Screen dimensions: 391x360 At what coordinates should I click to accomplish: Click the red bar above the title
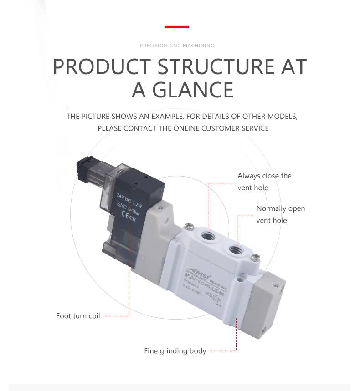click(176, 27)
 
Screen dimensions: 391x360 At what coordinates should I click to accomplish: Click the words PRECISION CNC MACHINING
click(177, 46)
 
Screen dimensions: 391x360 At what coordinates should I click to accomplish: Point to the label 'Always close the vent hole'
click(264, 182)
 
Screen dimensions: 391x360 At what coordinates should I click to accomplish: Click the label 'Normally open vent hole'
click(280, 214)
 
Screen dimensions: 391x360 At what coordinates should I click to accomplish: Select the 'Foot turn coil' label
click(78, 316)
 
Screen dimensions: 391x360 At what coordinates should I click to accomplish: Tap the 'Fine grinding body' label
click(175, 351)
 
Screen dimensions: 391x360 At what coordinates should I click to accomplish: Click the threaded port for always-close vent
click(207, 237)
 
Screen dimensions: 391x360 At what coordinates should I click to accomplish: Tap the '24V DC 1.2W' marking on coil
click(129, 201)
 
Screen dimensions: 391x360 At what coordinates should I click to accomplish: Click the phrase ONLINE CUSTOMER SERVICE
click(221, 128)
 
